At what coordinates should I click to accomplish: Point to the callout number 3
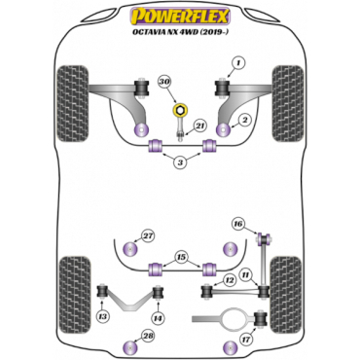tap(180, 162)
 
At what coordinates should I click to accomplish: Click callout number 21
tap(198, 126)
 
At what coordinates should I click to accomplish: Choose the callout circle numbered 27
tap(148, 235)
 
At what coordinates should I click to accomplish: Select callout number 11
tap(245, 275)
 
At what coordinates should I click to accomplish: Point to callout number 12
tap(229, 279)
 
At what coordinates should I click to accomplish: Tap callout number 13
tap(103, 319)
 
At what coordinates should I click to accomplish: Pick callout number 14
tap(157, 318)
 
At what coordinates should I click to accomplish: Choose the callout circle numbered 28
tap(148, 337)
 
